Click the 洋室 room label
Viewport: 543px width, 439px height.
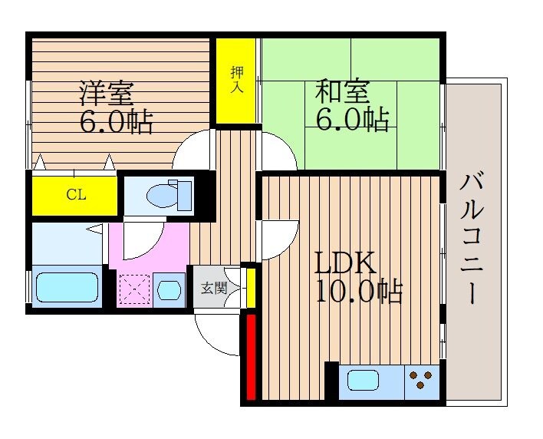click(x=107, y=93)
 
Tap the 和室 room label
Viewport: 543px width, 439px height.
click(x=342, y=92)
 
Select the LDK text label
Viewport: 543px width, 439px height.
click(x=345, y=263)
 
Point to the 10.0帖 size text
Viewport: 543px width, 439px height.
click(x=357, y=292)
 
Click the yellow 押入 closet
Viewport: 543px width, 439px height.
click(x=235, y=81)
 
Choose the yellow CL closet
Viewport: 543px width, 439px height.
click(x=74, y=195)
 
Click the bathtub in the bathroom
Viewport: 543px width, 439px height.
click(x=67, y=287)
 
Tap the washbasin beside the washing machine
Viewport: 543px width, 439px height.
click(x=169, y=291)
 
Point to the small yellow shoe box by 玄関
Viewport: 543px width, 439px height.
click(x=250, y=286)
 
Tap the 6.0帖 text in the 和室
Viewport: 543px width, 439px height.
click(x=352, y=120)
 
